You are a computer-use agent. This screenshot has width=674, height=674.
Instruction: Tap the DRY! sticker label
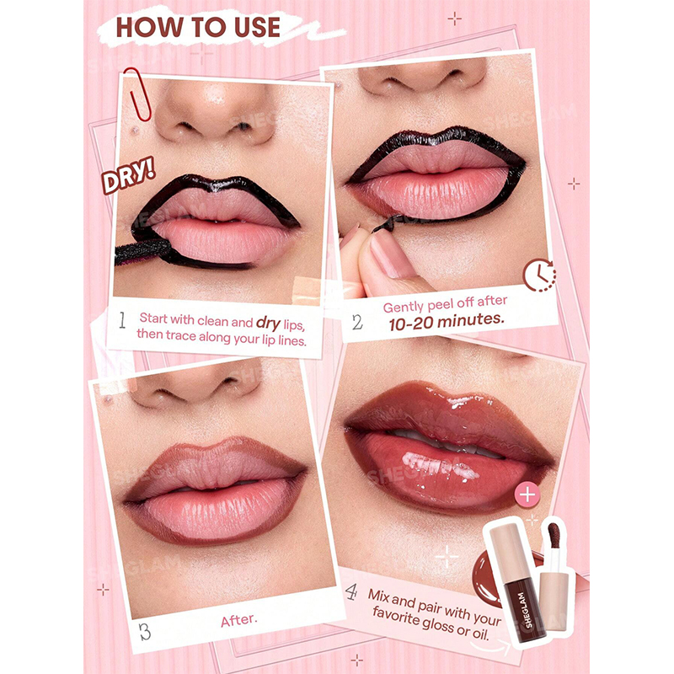[x=128, y=175]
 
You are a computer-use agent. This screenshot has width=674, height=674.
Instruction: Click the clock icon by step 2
[x=539, y=275]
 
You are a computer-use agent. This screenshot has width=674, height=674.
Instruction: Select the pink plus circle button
[x=527, y=495]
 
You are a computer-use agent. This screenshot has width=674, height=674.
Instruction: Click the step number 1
[x=122, y=320]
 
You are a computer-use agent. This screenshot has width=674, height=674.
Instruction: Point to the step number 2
[x=356, y=322]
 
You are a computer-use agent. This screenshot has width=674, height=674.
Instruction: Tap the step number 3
[x=145, y=631]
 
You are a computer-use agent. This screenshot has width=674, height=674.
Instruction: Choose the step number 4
[x=351, y=592]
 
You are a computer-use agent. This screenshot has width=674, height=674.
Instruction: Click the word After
[x=239, y=620]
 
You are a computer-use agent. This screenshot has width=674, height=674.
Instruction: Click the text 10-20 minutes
[x=447, y=322]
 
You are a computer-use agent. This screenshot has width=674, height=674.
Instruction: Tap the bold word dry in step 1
[x=268, y=323]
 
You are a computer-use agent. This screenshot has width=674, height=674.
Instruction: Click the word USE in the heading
[x=257, y=27]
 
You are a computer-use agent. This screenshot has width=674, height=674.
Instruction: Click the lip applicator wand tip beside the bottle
[x=553, y=534]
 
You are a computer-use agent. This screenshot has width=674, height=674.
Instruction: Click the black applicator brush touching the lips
[x=143, y=252]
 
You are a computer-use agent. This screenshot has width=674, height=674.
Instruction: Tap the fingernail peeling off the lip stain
[x=390, y=256]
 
